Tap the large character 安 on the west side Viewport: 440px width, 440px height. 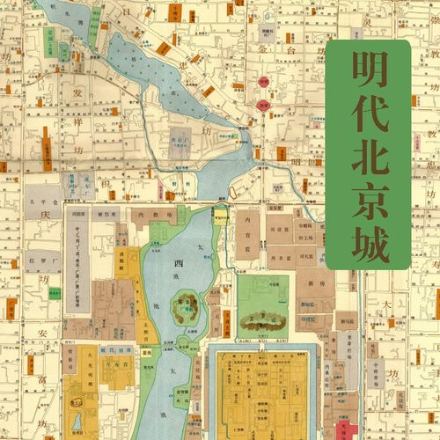pos(41,334)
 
